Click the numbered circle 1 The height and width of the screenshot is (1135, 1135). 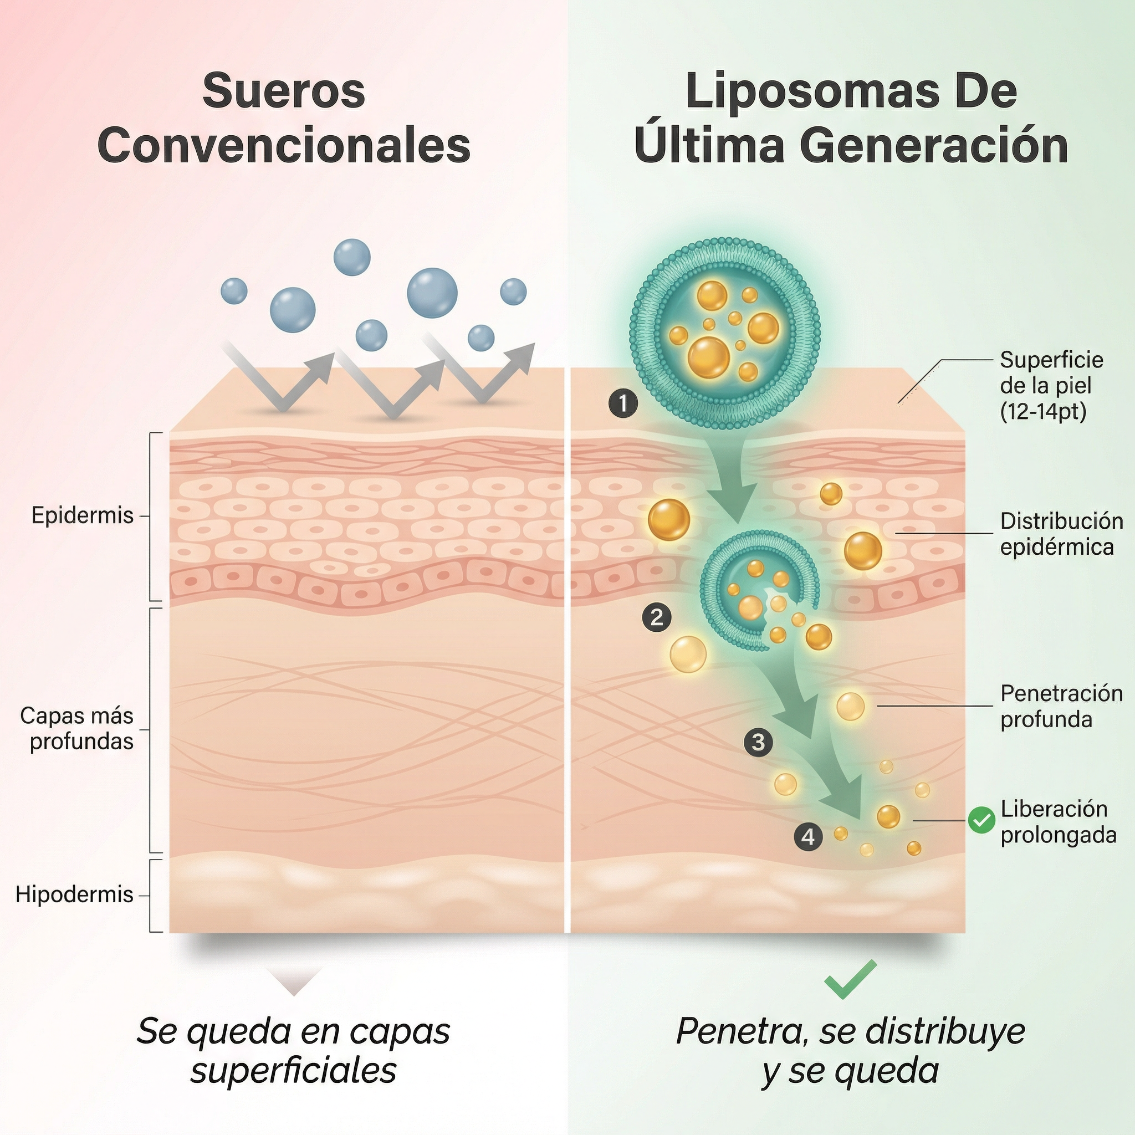point(623,403)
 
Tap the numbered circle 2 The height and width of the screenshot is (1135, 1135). point(657,617)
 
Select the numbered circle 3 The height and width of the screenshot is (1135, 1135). point(758,742)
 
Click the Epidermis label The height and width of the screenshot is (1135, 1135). point(82,515)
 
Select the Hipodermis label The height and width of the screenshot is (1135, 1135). point(75,894)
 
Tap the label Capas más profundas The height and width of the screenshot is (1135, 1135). point(78,728)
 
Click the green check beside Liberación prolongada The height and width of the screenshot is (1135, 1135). point(981,820)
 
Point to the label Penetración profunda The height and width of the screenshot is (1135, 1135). point(1061,706)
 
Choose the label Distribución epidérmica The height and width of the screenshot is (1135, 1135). point(1061,534)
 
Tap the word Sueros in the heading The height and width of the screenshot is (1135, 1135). point(284,91)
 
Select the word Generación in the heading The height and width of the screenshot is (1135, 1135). point(934,146)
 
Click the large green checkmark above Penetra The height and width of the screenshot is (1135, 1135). point(850,979)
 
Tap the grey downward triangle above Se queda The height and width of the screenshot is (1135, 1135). point(294,979)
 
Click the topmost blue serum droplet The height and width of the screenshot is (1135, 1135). point(352,257)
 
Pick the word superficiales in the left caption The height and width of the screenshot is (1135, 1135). point(294,1070)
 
